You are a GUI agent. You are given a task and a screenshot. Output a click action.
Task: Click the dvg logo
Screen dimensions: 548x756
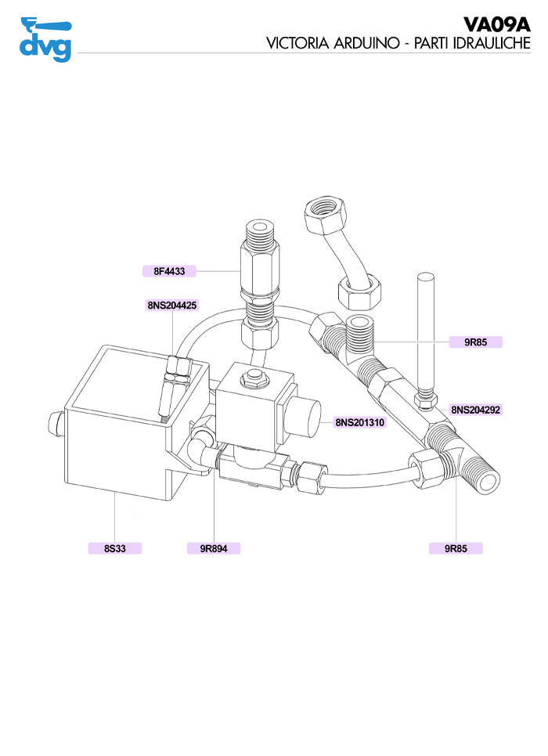coord(45,39)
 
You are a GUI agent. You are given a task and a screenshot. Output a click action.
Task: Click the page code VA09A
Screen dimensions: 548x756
coord(496,24)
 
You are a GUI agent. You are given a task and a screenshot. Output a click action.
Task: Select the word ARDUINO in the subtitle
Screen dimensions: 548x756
coord(366,43)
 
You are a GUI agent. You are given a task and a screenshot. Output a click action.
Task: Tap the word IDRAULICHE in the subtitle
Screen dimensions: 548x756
coord(492,43)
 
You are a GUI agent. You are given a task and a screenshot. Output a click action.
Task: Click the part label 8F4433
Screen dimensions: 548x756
coord(169,271)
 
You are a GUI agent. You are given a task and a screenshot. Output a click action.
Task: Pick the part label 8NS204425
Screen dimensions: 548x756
coord(172,306)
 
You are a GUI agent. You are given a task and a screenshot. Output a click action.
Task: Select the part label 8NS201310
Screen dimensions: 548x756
coord(360,422)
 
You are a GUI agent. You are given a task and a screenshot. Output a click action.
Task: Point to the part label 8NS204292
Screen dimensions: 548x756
coord(476,410)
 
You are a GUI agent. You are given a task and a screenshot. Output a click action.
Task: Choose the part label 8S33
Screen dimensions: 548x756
coord(115,548)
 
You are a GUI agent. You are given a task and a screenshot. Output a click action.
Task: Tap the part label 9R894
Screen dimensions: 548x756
coord(214,548)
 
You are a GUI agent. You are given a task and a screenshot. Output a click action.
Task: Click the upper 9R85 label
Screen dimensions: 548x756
coord(476,342)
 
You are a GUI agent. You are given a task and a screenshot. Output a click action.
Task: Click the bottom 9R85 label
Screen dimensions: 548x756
coord(456,548)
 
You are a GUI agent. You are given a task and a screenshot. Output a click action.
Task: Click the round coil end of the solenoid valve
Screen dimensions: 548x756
coord(303,418)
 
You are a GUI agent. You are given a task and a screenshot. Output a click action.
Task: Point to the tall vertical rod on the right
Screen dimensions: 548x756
coord(426,333)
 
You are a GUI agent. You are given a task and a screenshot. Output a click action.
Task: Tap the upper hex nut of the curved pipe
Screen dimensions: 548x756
coord(324,212)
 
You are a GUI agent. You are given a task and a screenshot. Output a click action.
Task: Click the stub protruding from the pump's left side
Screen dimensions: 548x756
coord(56,424)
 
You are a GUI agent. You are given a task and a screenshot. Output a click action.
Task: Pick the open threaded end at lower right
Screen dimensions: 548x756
coord(486,479)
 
